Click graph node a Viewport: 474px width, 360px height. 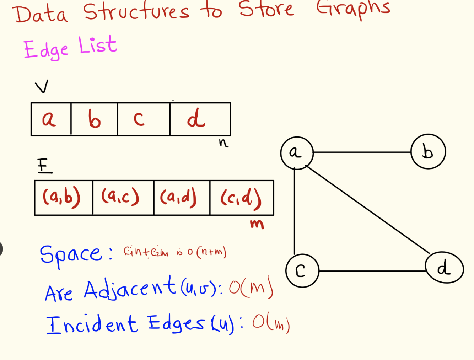point(297,153)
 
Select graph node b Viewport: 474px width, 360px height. point(428,151)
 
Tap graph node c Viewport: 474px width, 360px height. point(302,271)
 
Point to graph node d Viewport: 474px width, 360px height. point(444,268)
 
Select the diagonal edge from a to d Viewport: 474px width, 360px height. point(368,210)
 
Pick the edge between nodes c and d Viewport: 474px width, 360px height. point(372,271)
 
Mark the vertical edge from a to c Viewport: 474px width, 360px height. point(295,211)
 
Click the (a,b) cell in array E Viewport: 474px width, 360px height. point(63,198)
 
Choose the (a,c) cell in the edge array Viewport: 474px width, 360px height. point(123,198)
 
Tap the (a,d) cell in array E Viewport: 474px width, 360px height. point(182,198)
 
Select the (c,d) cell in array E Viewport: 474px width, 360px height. point(242,198)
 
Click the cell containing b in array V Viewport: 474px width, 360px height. point(94,119)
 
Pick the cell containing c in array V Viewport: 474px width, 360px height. point(143,119)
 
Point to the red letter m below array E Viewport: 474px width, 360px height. point(257,224)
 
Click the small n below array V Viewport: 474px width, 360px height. point(223,143)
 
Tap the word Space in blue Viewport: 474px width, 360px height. point(71,254)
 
